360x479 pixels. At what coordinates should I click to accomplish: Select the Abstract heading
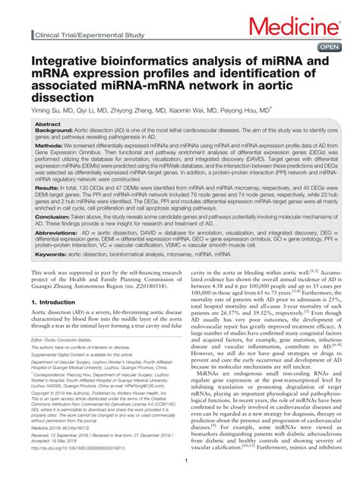click(48, 124)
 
